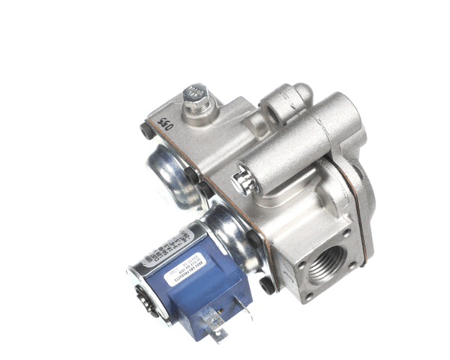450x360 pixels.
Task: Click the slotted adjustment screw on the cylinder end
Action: tap(242, 181)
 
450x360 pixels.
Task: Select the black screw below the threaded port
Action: tap(267, 285)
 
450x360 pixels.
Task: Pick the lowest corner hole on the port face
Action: tap(308, 296)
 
